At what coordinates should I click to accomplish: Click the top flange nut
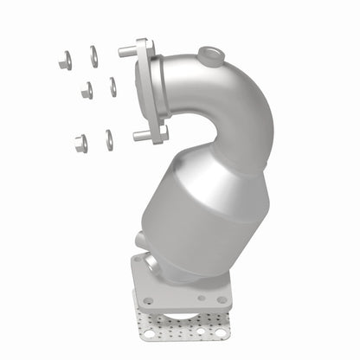point(65,61)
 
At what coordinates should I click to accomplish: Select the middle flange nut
point(87,90)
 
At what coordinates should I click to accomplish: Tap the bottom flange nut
point(80,144)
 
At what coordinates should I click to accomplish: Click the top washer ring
point(93,56)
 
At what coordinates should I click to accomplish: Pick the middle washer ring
point(112,87)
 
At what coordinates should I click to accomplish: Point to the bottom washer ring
point(109,139)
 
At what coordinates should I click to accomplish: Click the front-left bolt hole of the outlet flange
point(148,300)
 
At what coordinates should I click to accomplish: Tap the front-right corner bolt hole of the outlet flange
point(222,299)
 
